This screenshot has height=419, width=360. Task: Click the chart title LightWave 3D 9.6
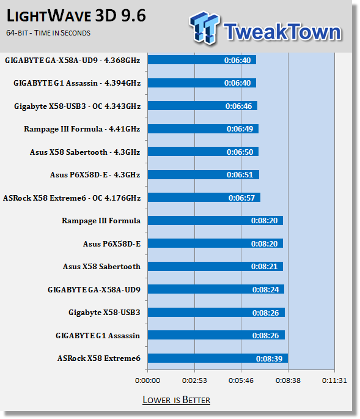click(76, 16)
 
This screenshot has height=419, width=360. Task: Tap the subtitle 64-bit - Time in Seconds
click(48, 33)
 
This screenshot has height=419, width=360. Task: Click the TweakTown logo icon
click(205, 28)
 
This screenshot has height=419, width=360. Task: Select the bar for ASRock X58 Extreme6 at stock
click(218, 358)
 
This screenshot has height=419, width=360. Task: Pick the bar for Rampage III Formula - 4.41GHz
click(203, 129)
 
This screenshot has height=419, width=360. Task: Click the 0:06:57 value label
click(241, 198)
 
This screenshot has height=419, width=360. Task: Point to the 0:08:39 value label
click(269, 358)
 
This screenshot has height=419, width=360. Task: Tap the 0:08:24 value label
click(265, 290)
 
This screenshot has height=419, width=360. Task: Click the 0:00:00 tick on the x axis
click(147, 380)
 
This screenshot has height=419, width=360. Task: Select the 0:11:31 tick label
click(334, 380)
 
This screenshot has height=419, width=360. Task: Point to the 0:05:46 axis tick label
click(241, 380)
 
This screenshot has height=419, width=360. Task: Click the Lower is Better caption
click(176, 400)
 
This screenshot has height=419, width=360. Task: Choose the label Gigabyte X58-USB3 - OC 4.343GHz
click(78, 106)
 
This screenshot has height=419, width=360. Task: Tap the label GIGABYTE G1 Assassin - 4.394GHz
click(77, 83)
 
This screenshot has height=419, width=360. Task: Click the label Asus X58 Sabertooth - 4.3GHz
click(85, 152)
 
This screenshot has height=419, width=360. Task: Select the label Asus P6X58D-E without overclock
click(112, 244)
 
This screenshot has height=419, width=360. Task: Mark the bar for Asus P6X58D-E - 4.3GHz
click(204, 175)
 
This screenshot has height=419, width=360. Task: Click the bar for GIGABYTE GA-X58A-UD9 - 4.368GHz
click(202, 60)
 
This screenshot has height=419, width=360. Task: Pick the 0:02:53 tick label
click(194, 380)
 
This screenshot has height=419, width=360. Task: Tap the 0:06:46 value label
click(239, 106)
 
